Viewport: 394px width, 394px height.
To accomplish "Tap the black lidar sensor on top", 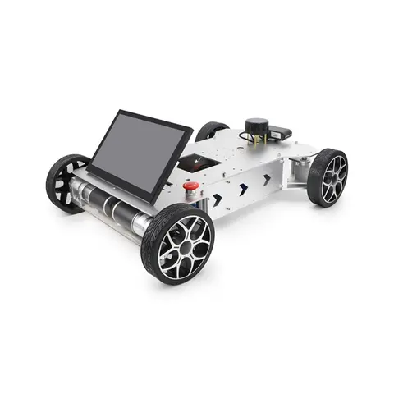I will tap(257, 128).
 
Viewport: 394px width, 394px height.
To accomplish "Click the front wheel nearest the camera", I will tap(178, 242).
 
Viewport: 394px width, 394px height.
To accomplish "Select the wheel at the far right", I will tap(328, 176).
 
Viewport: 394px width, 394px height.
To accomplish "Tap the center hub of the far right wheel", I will tap(332, 176).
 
